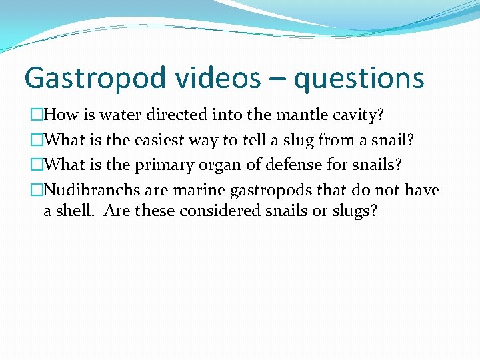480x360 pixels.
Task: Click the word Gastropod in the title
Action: [x=94, y=78]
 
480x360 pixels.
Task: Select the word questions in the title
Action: [x=359, y=78]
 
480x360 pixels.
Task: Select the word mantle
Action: [x=298, y=115]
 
